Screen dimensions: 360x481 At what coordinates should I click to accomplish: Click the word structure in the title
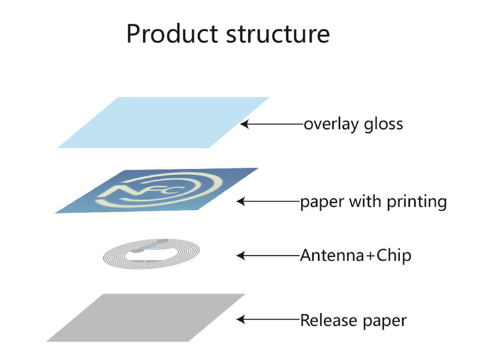pos(278,33)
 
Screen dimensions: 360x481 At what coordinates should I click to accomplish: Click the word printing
pos(416,202)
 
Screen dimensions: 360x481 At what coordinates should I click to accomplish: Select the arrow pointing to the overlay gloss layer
pos(273,123)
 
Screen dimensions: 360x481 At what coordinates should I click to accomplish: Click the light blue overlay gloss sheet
pos(164,122)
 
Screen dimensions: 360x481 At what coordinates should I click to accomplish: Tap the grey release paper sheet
pos(146,317)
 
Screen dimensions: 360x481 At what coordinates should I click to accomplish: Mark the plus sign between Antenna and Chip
pos(364,256)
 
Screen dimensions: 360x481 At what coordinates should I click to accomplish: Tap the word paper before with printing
pos(321,203)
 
